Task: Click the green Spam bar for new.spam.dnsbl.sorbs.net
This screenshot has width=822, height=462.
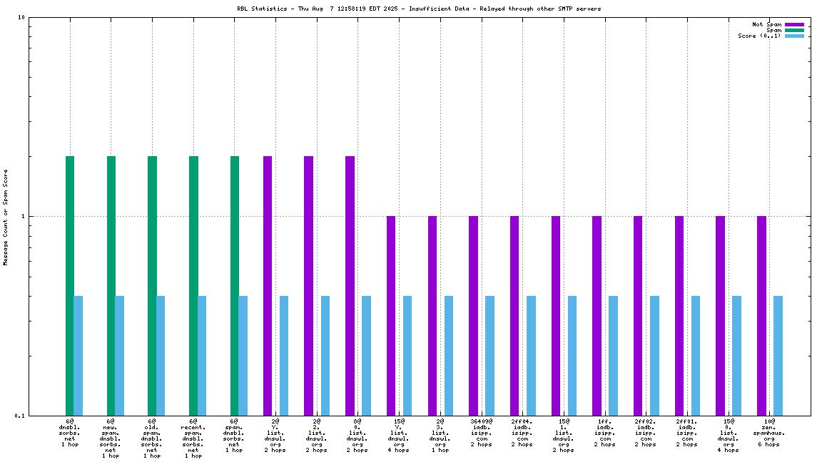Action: [x=111, y=285]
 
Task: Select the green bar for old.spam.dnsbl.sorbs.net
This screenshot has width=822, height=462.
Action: [x=152, y=285]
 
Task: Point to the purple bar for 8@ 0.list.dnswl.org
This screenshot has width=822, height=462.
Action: [x=350, y=285]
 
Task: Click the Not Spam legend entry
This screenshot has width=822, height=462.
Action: [x=767, y=24]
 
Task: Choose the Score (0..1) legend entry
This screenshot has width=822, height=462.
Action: [x=759, y=36]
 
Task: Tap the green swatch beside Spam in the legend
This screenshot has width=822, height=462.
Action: [x=794, y=30]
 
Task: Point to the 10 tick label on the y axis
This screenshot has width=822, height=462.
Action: [x=21, y=18]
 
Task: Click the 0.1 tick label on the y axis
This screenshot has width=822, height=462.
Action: [x=19, y=416]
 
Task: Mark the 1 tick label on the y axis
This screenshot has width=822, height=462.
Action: [x=23, y=217]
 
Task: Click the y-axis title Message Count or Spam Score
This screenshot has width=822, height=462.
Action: [x=6, y=217]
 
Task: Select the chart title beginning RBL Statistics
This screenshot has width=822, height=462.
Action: [x=419, y=9]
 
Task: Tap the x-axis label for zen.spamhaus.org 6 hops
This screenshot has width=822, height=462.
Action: [x=769, y=433]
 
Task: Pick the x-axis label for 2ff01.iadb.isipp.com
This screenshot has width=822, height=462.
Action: [x=686, y=433]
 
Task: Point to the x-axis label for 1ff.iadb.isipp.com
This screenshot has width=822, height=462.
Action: [x=604, y=433]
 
